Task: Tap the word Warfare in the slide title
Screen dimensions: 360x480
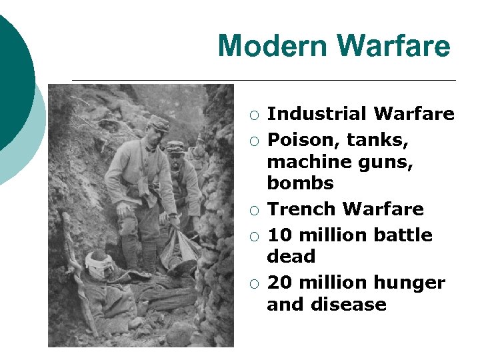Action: [x=393, y=47]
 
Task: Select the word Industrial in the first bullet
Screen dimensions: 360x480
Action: [x=317, y=114]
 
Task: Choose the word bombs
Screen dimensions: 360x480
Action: [x=300, y=182]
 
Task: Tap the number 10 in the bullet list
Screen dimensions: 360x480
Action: [x=279, y=235]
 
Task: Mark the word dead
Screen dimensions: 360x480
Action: [x=291, y=256]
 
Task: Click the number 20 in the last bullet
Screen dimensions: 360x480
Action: [x=279, y=283]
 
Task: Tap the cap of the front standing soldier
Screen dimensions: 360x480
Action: [x=158, y=122]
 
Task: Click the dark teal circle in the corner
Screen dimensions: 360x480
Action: [x=12, y=73]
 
